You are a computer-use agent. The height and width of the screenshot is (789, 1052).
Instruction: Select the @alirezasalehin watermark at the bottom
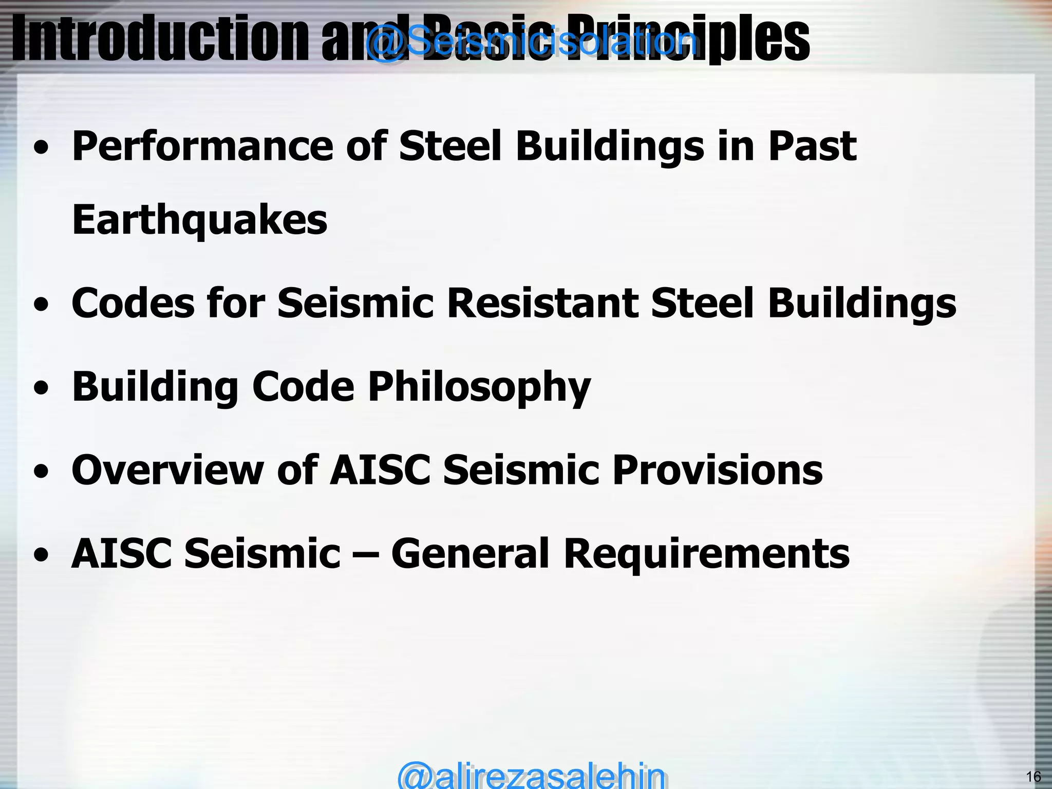point(531,775)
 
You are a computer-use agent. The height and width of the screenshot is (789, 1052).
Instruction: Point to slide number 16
point(1033,776)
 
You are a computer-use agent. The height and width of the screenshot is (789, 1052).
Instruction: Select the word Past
point(812,147)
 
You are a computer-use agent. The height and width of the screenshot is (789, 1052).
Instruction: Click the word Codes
point(133,303)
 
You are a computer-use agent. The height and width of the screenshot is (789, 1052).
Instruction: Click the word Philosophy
point(479,387)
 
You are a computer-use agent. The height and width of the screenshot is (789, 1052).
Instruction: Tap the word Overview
point(167,470)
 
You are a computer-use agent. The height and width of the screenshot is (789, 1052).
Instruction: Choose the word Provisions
point(718,470)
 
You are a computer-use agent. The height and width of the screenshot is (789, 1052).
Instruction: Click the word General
point(471,554)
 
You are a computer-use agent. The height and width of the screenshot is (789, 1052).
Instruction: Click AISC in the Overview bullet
point(380,470)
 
